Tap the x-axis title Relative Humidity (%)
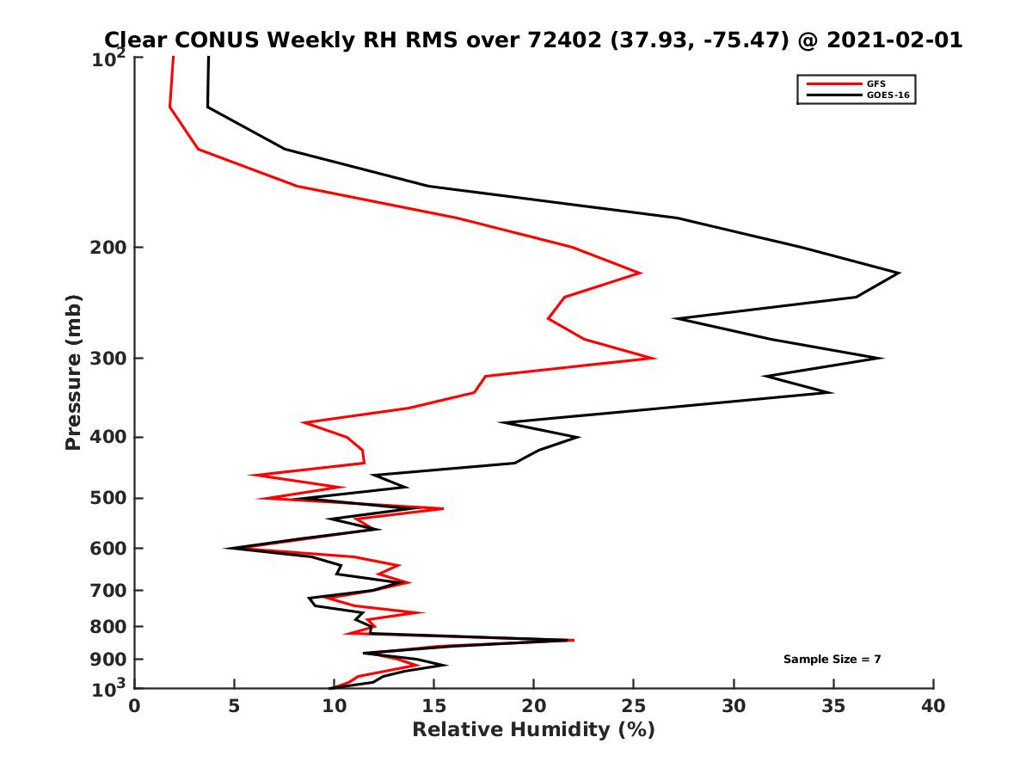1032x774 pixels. click(x=533, y=730)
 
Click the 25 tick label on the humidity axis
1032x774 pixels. click(x=634, y=706)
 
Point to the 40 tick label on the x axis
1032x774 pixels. click(x=933, y=706)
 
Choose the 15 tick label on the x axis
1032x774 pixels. click(x=434, y=706)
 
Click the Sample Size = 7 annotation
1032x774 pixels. click(x=832, y=660)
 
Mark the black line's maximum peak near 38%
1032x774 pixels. click(x=899, y=273)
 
